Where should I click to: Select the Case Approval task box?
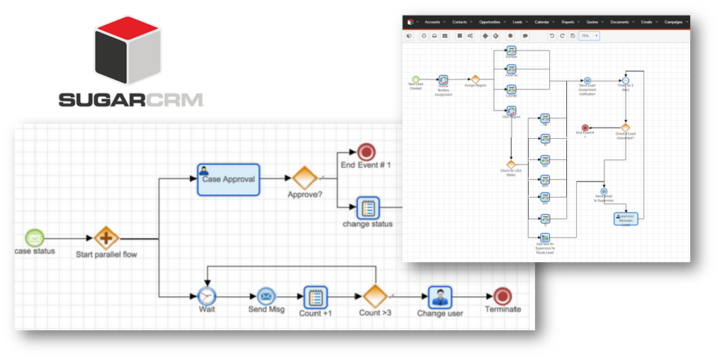click(x=228, y=179)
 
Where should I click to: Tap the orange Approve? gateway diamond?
click(x=305, y=178)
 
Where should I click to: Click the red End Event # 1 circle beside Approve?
click(x=366, y=152)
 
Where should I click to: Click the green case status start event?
click(x=35, y=238)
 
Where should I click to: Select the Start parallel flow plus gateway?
click(x=107, y=239)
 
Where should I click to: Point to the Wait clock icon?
click(x=206, y=296)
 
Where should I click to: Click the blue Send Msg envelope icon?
click(x=266, y=296)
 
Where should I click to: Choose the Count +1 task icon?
click(x=315, y=296)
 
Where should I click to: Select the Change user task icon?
click(x=440, y=296)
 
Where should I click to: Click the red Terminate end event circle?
click(x=502, y=296)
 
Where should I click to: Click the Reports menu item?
click(x=568, y=22)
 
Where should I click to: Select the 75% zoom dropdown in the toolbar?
click(x=589, y=35)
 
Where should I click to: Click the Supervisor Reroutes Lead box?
click(x=626, y=219)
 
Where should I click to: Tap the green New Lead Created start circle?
click(x=416, y=79)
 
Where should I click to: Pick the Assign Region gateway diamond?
click(x=476, y=79)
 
